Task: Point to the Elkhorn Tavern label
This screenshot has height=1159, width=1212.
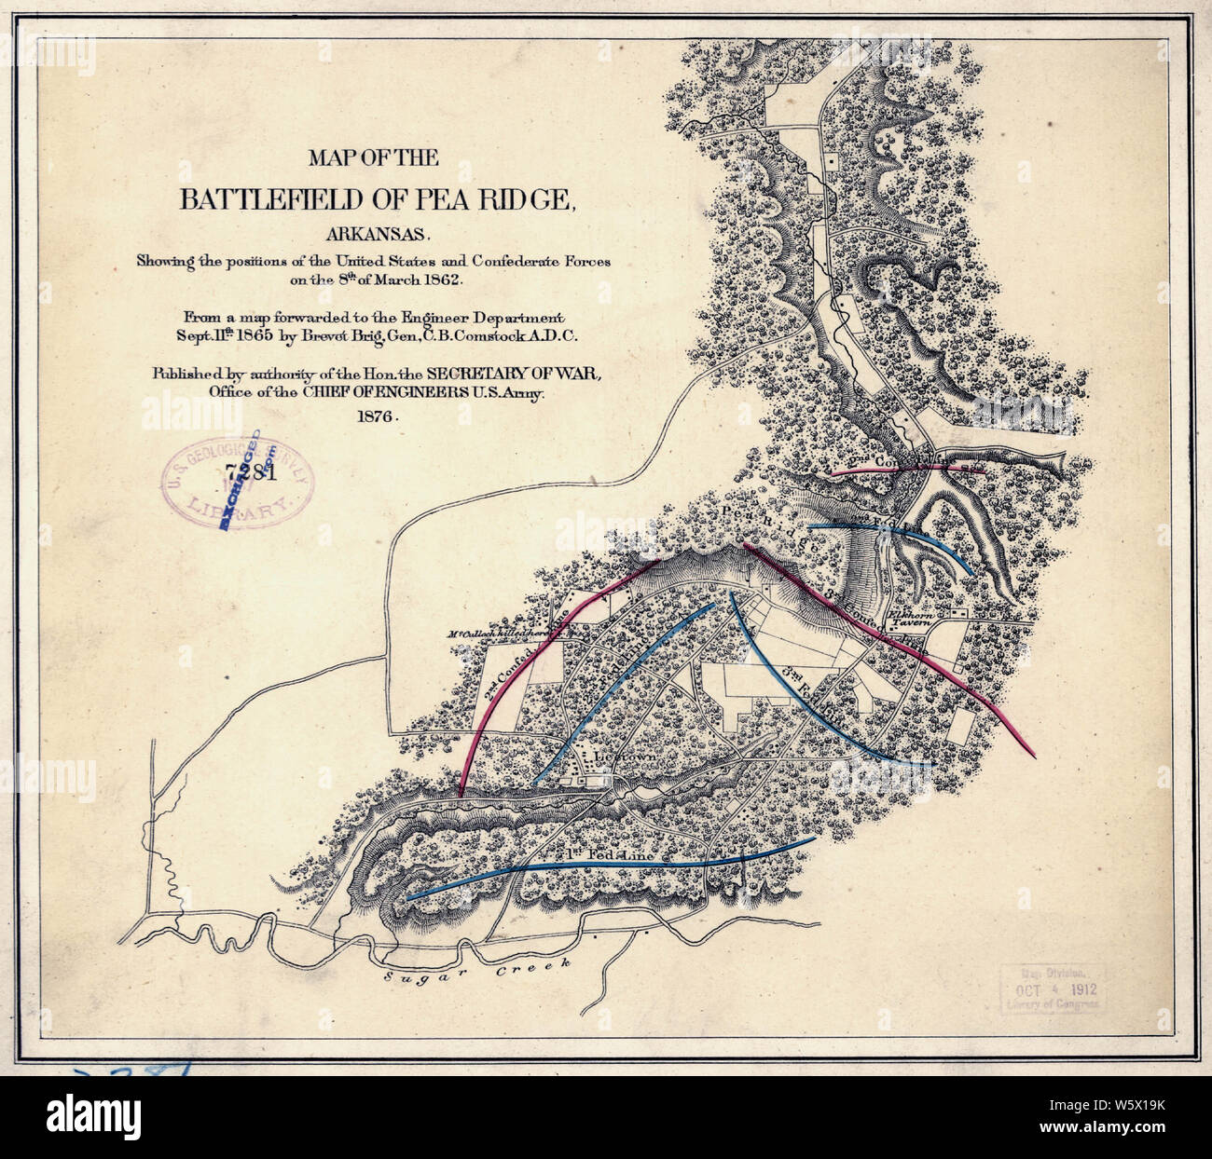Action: coord(916,620)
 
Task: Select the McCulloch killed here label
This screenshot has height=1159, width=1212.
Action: coord(499,634)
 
